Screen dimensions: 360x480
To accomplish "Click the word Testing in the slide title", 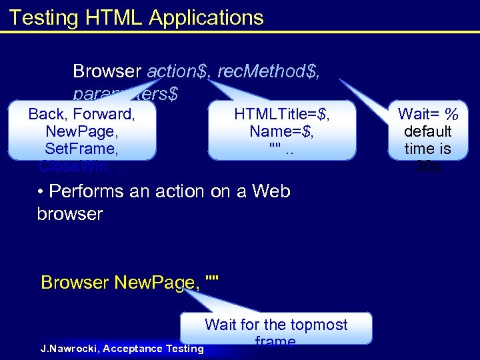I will [x=45, y=18].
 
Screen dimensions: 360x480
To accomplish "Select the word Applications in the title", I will [x=207, y=18].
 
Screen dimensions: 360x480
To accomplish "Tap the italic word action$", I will [x=175, y=71].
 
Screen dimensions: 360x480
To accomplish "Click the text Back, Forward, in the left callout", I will [x=82, y=114].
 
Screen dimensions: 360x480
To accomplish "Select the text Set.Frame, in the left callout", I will [x=82, y=148].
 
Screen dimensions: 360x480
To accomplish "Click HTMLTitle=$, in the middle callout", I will [x=282, y=114].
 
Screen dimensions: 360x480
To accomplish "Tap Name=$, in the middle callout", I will [x=282, y=131].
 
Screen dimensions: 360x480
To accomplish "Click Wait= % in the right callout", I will [x=427, y=114].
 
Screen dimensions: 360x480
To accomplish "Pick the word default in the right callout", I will [x=427, y=131].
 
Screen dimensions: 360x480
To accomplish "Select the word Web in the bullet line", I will [x=269, y=191].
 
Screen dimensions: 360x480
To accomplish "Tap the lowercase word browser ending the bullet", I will [x=70, y=214].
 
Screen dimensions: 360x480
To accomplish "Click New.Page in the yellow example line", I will [x=157, y=283].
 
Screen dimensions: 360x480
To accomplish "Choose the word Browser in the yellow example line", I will [x=75, y=283].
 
